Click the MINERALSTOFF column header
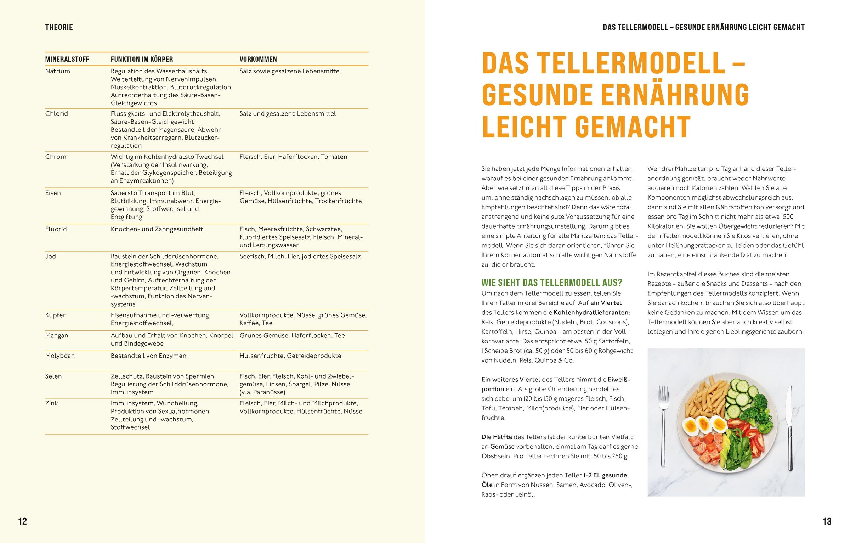pos(67,59)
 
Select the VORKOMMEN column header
pos(258,59)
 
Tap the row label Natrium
pos(58,71)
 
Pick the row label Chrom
pos(56,157)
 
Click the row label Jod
pos(51,256)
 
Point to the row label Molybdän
pos(60,356)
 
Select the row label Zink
pos(51,403)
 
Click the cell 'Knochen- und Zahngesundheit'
pos(157,229)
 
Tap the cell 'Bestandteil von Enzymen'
pos(148,356)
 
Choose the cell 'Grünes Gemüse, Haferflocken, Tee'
pos(292,335)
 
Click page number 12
pos(22,521)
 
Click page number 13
pos(827,521)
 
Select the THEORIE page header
pos(59,27)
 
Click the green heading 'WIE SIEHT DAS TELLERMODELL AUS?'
pos(552,283)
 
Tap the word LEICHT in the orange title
pos(524,127)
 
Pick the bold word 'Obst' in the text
pos(489,457)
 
